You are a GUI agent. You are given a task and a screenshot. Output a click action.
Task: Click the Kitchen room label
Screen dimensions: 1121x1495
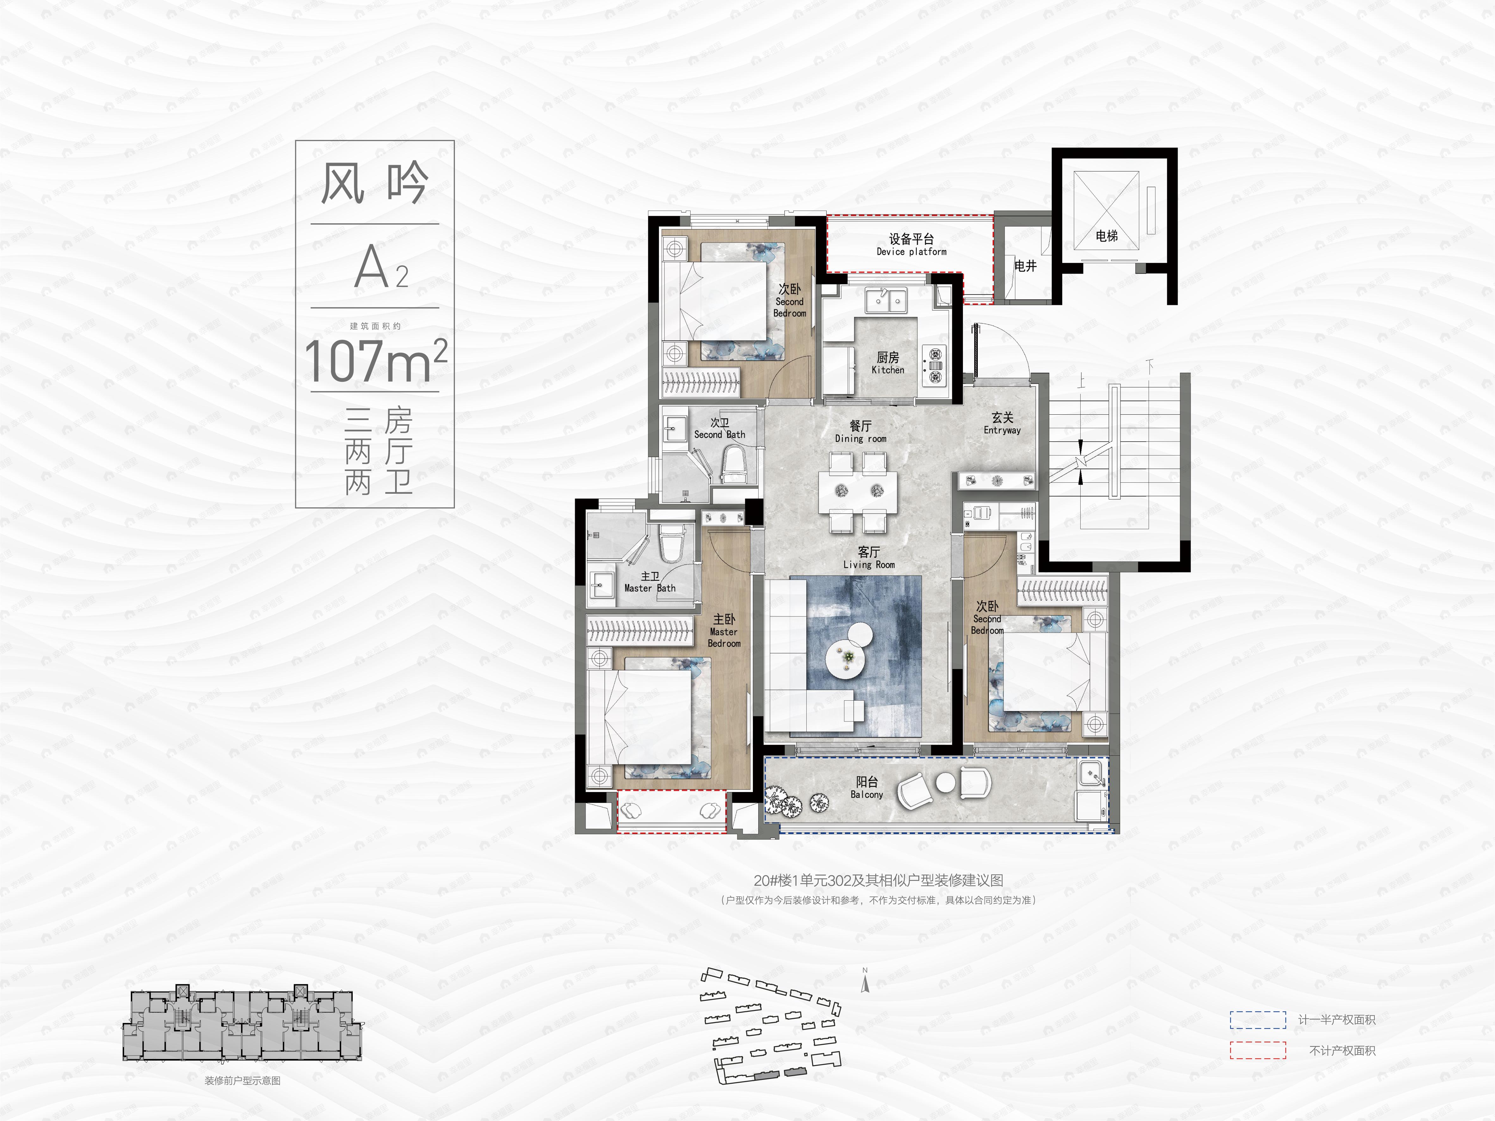887,363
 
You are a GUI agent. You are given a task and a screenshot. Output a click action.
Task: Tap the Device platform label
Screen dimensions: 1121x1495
911,245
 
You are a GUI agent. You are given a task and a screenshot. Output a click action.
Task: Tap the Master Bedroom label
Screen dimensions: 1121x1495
724,630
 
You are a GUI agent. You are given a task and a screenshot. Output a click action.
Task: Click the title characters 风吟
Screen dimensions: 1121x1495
374,183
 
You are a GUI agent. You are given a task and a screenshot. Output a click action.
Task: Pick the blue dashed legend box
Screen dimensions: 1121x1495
1257,1020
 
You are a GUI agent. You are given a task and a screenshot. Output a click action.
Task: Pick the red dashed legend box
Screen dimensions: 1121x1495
1257,1050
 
